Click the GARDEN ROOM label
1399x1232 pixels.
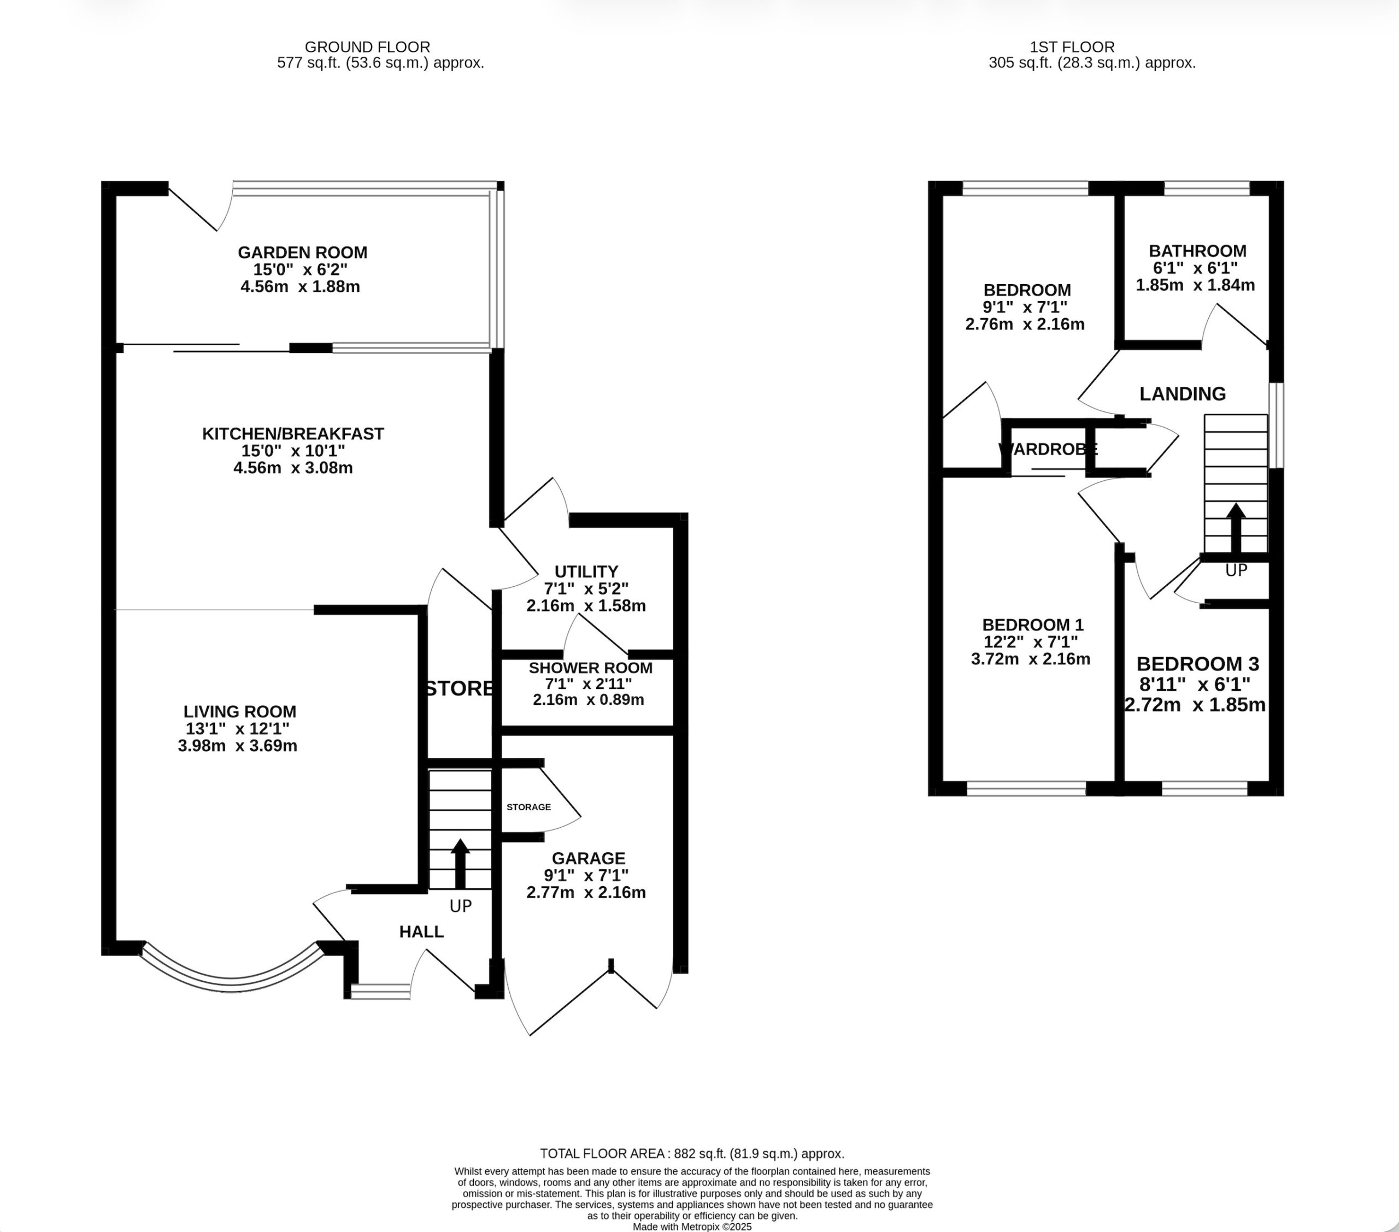(x=303, y=252)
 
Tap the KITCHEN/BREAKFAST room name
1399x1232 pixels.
(x=293, y=434)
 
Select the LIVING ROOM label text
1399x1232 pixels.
(x=239, y=712)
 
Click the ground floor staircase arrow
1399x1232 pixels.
(x=460, y=863)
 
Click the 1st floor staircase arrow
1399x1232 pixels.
(x=1236, y=528)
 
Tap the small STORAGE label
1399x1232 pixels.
(x=528, y=807)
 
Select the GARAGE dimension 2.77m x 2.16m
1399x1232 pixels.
(x=586, y=893)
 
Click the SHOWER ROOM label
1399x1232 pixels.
(x=591, y=668)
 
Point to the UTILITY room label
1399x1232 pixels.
(x=586, y=571)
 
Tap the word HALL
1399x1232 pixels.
(x=422, y=932)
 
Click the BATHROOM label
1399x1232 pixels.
(x=1198, y=251)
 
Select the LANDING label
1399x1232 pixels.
(x=1183, y=394)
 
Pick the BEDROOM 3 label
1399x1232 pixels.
(x=1198, y=664)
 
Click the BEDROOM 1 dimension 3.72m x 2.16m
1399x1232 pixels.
(x=1031, y=659)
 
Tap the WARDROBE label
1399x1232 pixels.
(x=1048, y=450)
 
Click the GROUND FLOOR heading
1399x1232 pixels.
(x=368, y=47)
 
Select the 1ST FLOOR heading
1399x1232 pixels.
(x=1073, y=47)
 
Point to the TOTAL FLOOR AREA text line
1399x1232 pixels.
(x=692, y=1153)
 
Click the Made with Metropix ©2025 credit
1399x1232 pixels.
(x=692, y=1227)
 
